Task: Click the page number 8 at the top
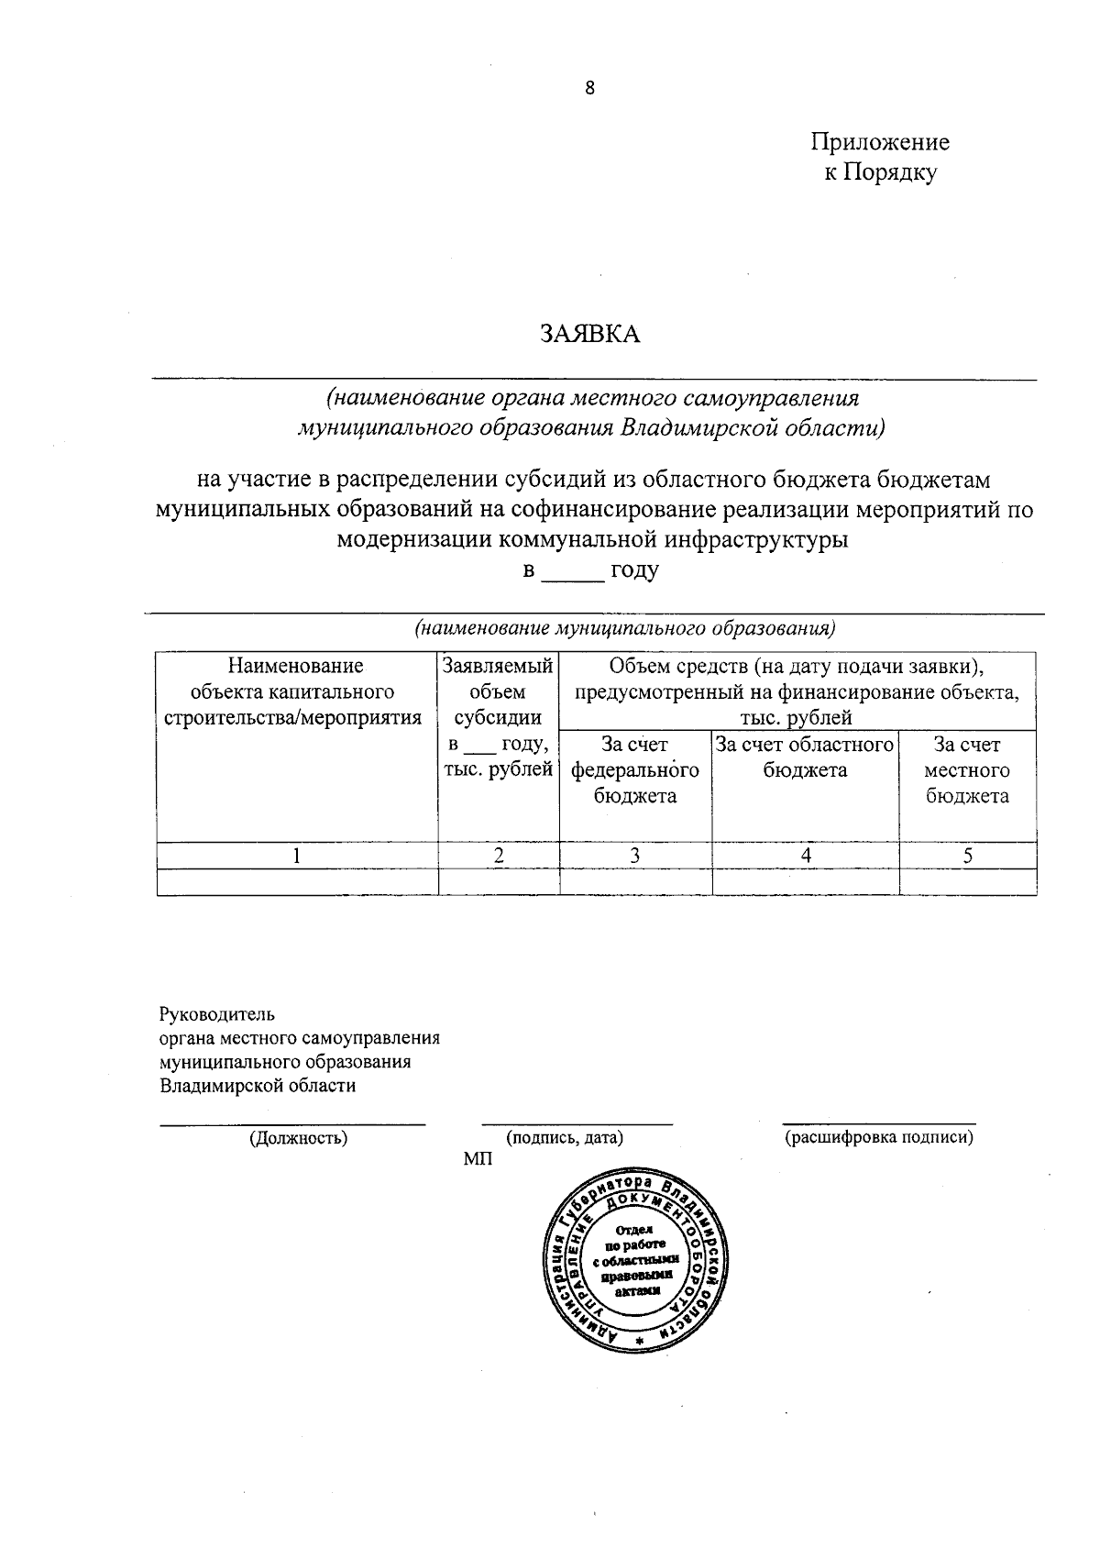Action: [589, 88]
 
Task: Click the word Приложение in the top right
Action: [879, 142]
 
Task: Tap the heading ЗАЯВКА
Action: [589, 334]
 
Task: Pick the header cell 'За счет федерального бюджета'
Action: [634, 770]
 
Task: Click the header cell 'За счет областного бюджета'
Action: [805, 757]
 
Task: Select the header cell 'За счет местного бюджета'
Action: [966, 770]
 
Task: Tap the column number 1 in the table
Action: [296, 856]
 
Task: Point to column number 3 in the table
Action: [634, 856]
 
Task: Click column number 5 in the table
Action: [967, 856]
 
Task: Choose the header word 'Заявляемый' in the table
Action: [498, 666]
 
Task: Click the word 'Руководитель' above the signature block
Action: [216, 1014]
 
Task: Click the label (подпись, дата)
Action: [565, 1138]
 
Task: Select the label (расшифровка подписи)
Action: [878, 1138]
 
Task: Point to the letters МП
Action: [477, 1160]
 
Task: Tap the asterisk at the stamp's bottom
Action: [639, 1342]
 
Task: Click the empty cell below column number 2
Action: [498, 881]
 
